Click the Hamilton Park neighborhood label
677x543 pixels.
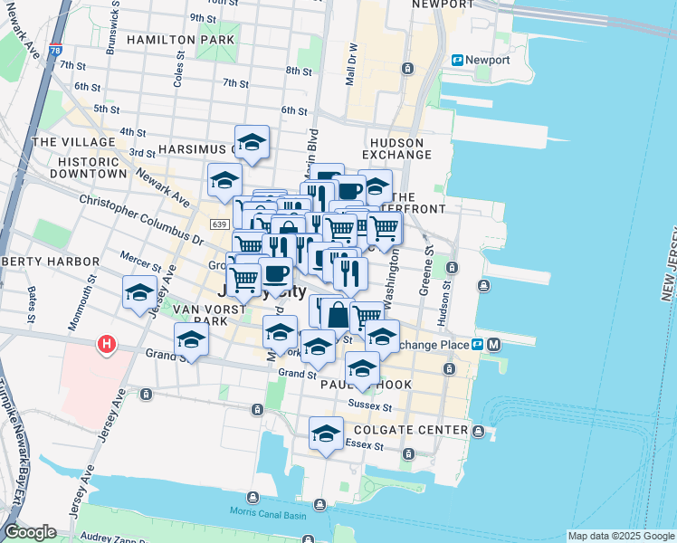(x=181, y=40)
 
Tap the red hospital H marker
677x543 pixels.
(x=107, y=345)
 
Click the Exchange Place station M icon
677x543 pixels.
(x=494, y=344)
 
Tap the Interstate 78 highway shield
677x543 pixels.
(x=56, y=52)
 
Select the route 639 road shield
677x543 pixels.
(x=218, y=224)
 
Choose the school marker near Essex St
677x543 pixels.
(x=325, y=433)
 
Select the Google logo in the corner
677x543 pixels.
(x=30, y=532)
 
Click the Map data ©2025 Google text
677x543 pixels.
(x=621, y=536)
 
